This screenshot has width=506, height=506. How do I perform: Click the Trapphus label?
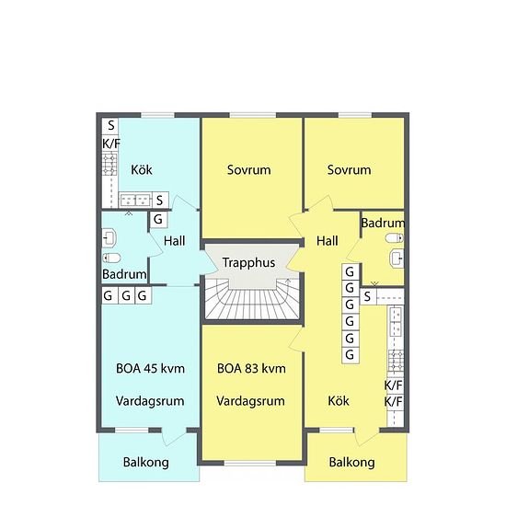(248, 263)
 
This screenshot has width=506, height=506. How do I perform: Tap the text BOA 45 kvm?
(151, 368)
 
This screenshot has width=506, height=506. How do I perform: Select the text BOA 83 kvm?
(251, 368)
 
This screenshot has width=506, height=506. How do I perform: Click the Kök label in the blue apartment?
(141, 170)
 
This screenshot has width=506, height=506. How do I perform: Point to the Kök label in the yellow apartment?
(339, 401)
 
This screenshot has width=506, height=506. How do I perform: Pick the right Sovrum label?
(349, 170)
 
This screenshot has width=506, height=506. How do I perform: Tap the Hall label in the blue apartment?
(175, 241)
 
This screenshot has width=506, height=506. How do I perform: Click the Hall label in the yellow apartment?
(327, 241)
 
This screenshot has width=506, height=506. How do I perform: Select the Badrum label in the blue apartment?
(124, 274)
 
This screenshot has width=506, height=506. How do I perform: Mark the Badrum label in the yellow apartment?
(384, 224)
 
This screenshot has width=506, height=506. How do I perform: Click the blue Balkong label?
(145, 462)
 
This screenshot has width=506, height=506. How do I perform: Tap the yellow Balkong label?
(351, 462)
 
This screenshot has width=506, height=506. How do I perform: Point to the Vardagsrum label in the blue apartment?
(151, 401)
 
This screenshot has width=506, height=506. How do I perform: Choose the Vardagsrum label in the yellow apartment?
(251, 401)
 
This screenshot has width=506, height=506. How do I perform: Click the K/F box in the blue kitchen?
(110, 143)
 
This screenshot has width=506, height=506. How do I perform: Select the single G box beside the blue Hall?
(158, 220)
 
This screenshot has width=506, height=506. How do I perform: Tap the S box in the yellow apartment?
(367, 296)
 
